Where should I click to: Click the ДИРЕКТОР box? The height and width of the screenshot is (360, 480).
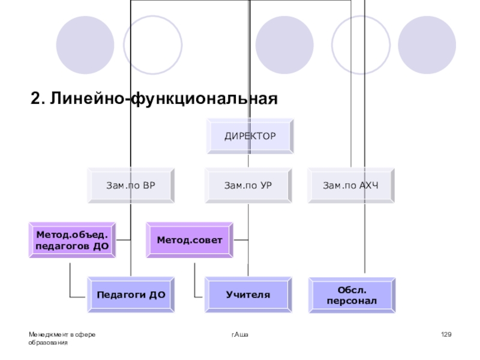(x=250, y=136)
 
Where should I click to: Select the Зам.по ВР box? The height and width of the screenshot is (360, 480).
(x=130, y=185)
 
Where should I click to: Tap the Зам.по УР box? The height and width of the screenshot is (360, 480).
(x=248, y=185)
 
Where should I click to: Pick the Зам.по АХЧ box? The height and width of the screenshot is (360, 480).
(x=352, y=185)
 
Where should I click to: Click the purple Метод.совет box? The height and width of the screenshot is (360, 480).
(x=190, y=240)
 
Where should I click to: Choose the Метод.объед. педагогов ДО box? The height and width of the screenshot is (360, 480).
(x=72, y=240)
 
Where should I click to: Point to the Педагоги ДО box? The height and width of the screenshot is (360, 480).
(x=131, y=295)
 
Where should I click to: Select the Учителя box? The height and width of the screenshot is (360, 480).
(x=248, y=295)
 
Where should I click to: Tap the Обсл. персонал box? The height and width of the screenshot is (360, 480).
(x=352, y=295)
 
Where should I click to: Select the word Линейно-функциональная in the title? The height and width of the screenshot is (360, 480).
(x=164, y=98)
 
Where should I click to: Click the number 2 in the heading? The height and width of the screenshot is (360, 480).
(x=35, y=98)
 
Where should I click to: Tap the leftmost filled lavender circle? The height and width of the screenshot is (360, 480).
(x=85, y=44)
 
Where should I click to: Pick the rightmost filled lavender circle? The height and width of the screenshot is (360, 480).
(x=427, y=44)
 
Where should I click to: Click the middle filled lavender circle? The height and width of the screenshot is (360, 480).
(x=284, y=44)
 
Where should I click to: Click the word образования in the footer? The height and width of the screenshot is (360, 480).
(x=47, y=341)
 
